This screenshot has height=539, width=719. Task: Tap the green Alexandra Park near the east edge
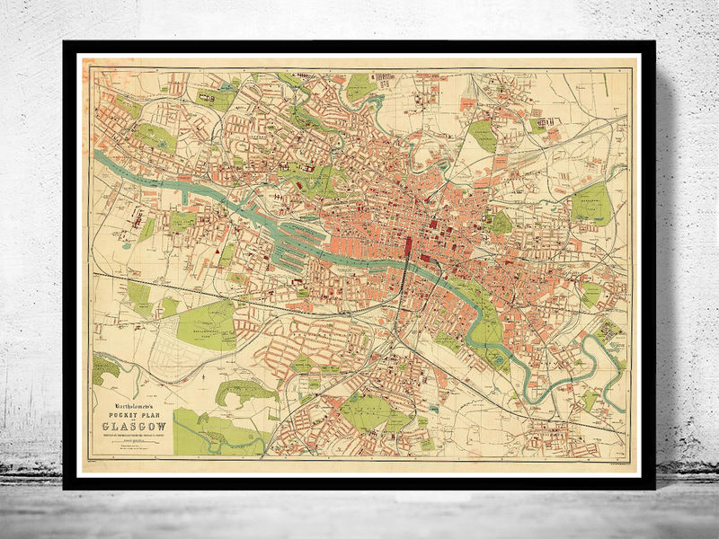[592, 204]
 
